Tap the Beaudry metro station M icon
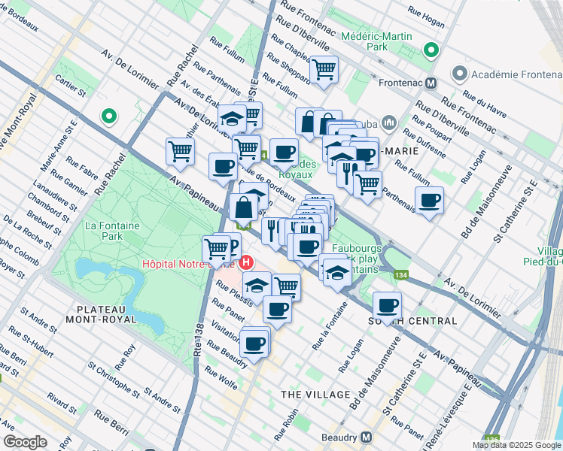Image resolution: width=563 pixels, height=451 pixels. tap(367, 437)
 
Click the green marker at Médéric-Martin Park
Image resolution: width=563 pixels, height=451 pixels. tap(431, 51)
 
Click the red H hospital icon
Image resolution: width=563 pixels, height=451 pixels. tap(245, 264)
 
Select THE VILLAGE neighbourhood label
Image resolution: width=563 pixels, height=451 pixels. tap(315, 395)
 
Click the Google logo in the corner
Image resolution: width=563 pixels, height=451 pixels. tap(26, 442)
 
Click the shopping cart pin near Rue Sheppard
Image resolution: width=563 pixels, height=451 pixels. tap(324, 70)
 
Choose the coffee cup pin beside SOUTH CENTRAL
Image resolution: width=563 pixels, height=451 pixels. tap(387, 304)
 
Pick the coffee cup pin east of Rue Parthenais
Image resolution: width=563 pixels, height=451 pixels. tap(429, 200)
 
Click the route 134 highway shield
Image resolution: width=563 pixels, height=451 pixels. tap(403, 275)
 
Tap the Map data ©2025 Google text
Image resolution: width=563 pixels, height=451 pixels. tap(516, 445)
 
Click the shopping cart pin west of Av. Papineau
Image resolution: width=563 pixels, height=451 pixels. tap(180, 150)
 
